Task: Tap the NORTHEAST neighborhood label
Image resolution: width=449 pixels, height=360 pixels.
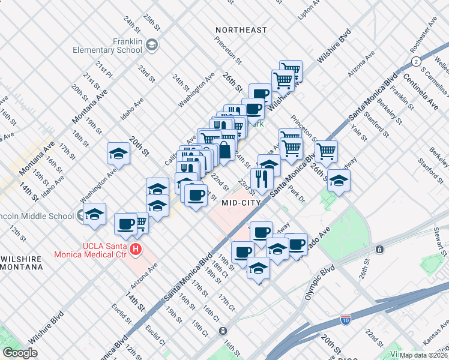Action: coord(241,30)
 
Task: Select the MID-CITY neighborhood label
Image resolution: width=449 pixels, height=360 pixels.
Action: coord(240,203)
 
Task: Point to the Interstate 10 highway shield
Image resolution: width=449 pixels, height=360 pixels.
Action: coord(345,320)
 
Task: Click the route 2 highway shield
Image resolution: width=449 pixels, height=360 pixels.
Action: coord(415,62)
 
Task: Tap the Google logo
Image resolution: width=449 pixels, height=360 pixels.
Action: coord(20,353)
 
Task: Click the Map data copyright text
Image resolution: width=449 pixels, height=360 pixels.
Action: coord(424,355)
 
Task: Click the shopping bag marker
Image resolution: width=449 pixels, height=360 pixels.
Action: coord(224,150)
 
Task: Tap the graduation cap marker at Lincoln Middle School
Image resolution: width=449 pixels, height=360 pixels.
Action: coord(95,214)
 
